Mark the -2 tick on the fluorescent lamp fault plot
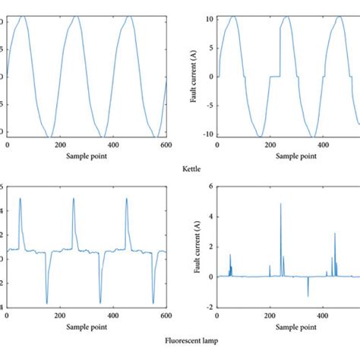pos(209,307)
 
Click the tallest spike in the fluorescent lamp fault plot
pos(281,204)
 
